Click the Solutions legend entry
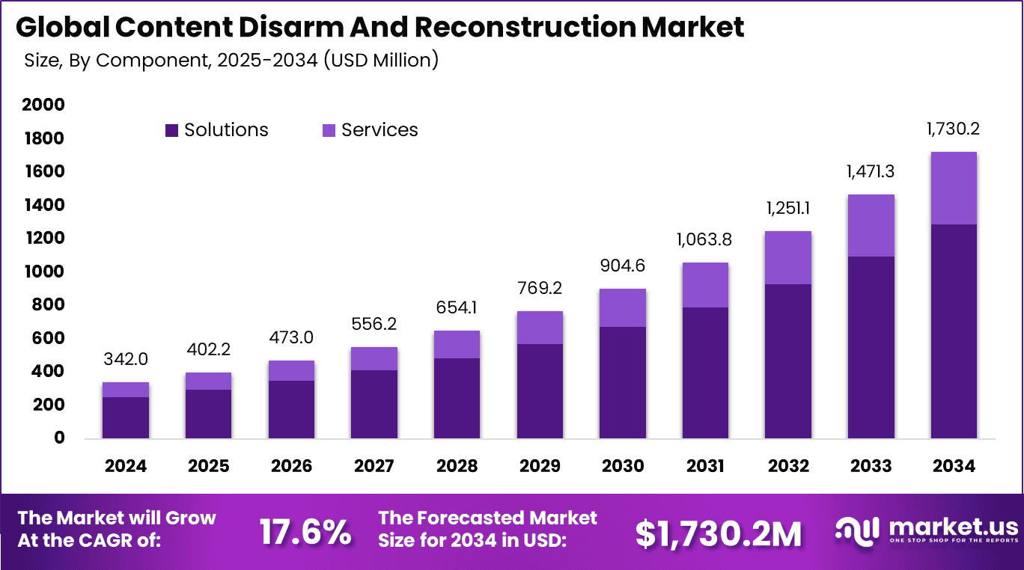coord(217,130)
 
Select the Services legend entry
coord(371,130)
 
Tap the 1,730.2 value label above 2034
coord(953,129)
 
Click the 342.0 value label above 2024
coord(126,359)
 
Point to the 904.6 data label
coord(622,266)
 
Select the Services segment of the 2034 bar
coord(954,188)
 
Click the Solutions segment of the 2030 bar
coord(623,382)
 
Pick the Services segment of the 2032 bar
coord(787,257)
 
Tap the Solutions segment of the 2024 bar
coord(126,417)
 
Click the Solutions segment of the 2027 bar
coord(374,404)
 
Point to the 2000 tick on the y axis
coord(43,105)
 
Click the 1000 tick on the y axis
coord(43,272)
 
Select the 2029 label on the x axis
coord(540,466)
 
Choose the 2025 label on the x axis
coord(208,466)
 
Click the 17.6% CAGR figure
coord(305,532)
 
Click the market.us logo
coord(927,530)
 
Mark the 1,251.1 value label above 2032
coord(787,209)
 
